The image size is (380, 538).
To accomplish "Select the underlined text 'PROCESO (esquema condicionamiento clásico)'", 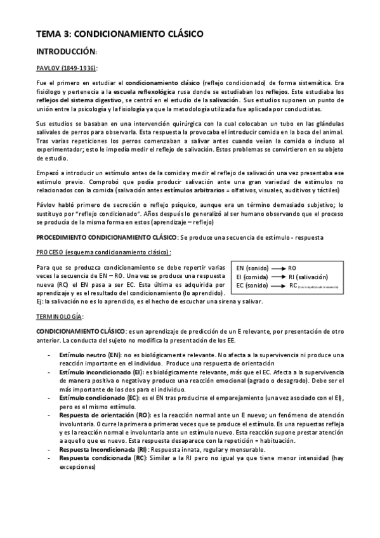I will click(98, 252).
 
